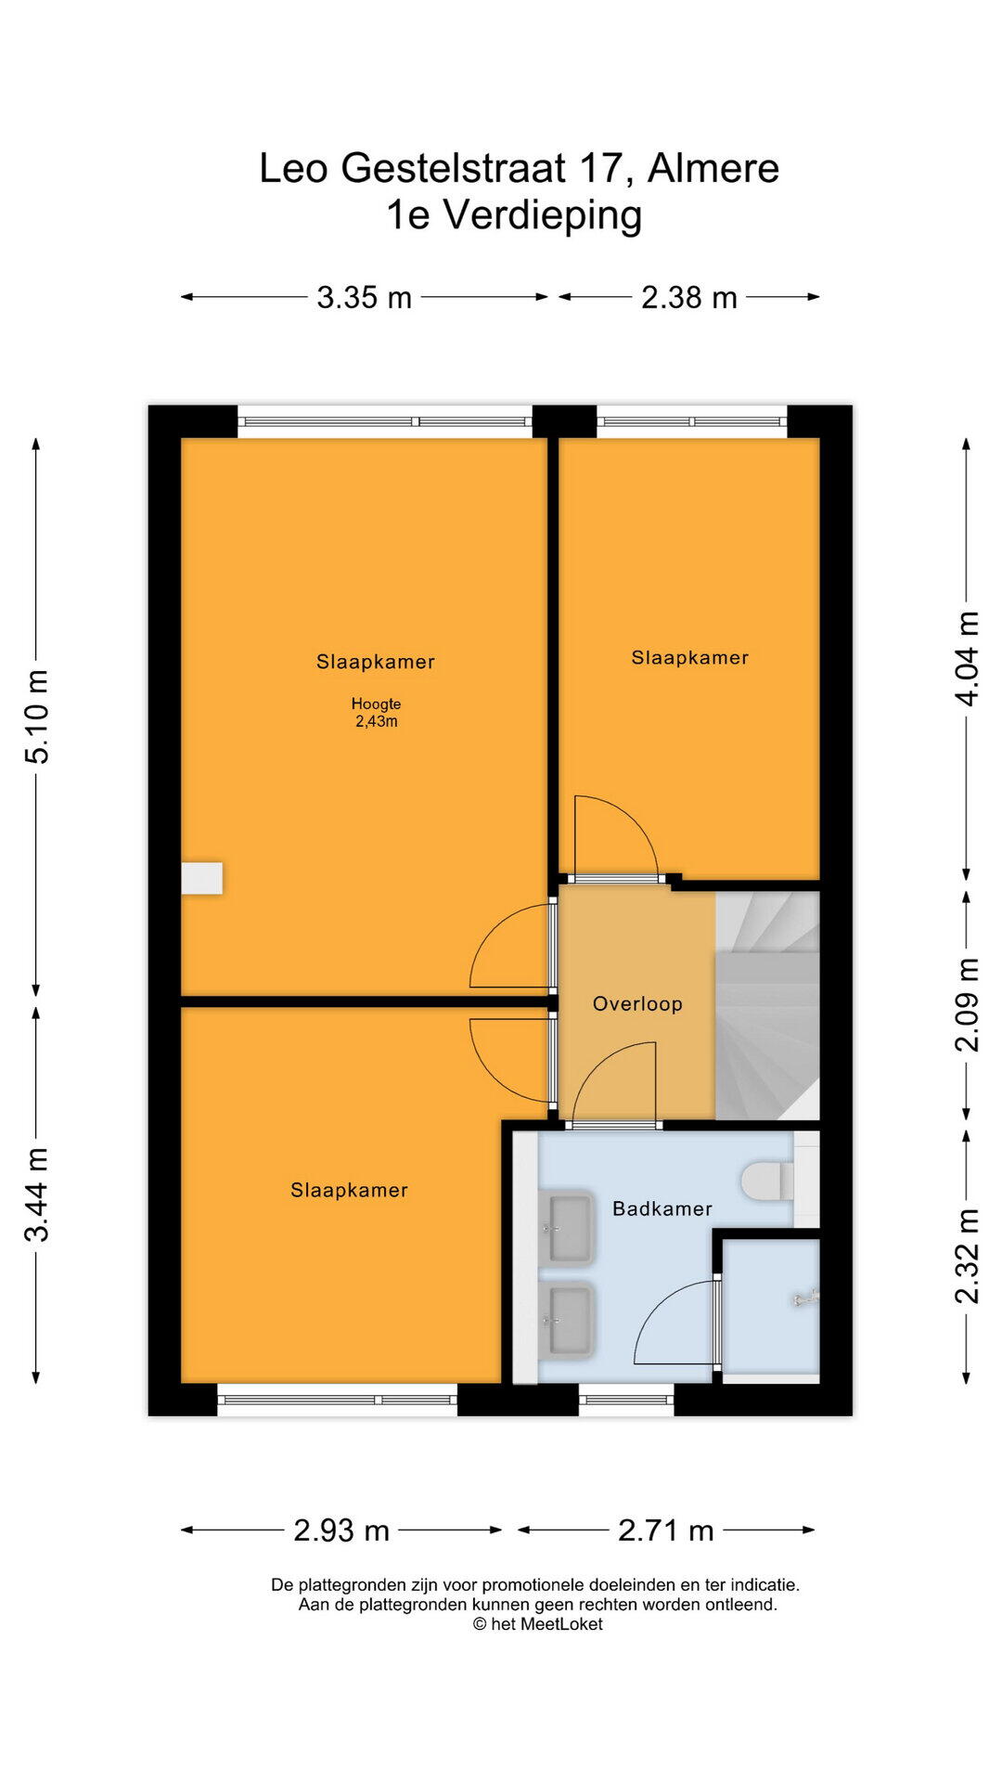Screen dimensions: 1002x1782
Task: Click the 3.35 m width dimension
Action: pos(365,297)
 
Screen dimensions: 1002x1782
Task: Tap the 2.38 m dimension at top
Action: pos(689,297)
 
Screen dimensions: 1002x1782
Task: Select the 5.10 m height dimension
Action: pos(37,716)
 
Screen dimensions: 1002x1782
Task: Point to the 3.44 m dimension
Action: pos(37,1194)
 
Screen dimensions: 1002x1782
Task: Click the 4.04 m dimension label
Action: pos(967,658)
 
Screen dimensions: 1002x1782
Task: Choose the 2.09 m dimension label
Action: pos(967,1004)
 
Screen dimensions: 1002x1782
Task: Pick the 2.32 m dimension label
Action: pos(967,1256)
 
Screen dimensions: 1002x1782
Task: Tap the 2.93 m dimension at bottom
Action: pos(341,1530)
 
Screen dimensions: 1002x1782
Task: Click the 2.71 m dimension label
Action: pos(666,1530)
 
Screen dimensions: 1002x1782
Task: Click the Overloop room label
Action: pos(637,1003)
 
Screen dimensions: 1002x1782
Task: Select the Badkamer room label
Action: pos(662,1208)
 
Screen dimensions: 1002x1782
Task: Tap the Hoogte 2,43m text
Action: pos(376,713)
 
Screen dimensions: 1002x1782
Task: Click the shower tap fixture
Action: pos(806,1298)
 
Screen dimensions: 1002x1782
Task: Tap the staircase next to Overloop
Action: pos(767,1005)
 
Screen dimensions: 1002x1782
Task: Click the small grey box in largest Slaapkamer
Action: pos(201,878)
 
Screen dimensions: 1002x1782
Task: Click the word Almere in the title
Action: pos(713,168)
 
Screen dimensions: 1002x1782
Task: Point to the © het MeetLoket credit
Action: pos(537,1624)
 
